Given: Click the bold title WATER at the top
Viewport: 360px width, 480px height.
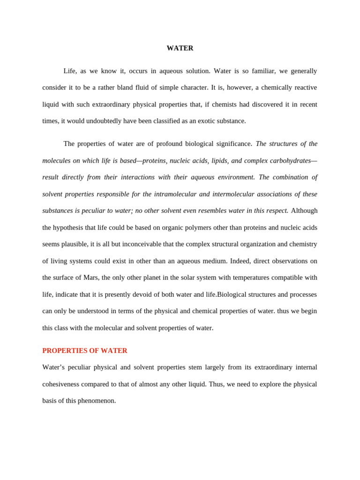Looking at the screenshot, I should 180,48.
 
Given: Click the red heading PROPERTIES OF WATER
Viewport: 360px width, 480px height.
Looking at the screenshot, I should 85,351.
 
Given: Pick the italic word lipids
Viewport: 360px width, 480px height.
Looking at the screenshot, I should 219,161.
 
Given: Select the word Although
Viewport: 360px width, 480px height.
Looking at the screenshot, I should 304,211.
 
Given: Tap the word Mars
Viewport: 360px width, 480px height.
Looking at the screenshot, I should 91,277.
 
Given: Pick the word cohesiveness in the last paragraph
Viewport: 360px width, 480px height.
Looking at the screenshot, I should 60,384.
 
